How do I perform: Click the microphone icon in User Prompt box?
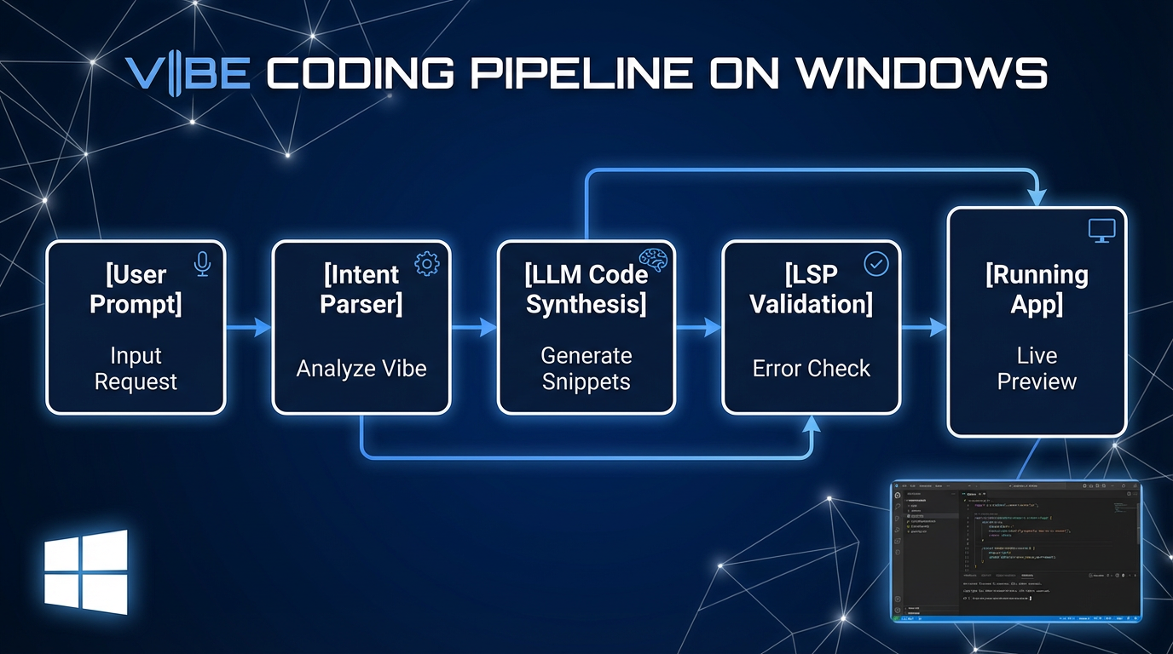coord(202,264)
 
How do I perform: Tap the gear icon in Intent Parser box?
coord(426,264)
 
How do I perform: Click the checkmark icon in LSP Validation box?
coord(875,264)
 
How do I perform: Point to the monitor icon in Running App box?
coord(1101,231)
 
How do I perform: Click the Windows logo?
coord(86,572)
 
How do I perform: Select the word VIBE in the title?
coord(188,74)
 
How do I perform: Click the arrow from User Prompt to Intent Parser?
coord(249,327)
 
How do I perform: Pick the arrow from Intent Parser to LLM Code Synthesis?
coord(474,327)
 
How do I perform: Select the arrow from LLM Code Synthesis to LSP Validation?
coord(699,327)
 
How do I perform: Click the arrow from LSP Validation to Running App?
coord(924,327)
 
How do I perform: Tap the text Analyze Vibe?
coord(361,369)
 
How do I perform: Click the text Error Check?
coord(812,369)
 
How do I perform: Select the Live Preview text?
coord(1037,368)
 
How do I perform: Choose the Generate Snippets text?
coord(586,368)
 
